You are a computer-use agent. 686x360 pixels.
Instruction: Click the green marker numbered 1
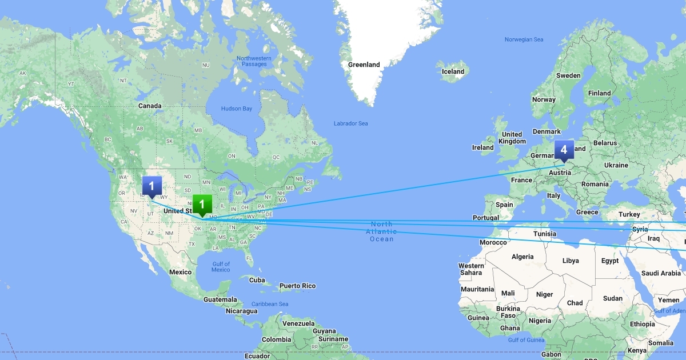(202, 205)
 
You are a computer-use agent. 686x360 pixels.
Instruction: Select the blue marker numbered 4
(564, 150)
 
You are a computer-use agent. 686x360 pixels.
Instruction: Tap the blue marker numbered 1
(151, 186)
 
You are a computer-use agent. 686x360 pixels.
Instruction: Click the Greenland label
(364, 65)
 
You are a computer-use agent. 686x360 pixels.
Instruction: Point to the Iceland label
(453, 71)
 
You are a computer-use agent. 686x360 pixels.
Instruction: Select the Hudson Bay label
(236, 109)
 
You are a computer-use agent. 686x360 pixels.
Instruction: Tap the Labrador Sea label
(350, 123)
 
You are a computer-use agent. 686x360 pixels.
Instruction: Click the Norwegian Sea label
(524, 39)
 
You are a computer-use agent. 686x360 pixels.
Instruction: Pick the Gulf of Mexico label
(221, 267)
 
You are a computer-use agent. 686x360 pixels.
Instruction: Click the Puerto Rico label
(297, 286)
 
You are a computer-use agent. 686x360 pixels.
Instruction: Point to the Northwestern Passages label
(254, 61)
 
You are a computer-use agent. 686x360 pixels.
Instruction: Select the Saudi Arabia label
(660, 273)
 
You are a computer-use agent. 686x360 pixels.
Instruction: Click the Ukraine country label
(616, 165)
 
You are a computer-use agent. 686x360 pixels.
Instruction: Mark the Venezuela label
(298, 323)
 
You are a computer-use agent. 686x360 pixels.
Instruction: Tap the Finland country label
(599, 93)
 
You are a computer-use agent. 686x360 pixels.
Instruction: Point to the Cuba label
(257, 280)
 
